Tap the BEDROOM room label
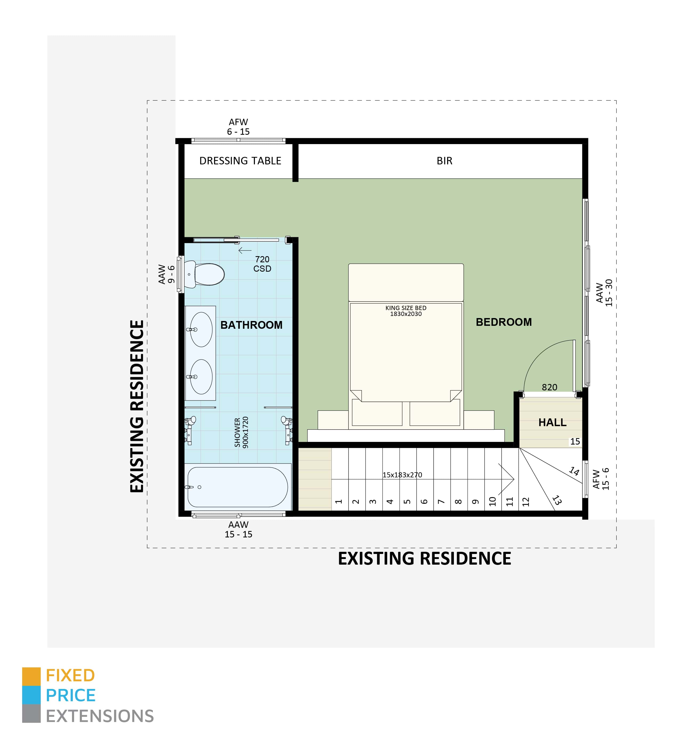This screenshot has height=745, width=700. pos(504,322)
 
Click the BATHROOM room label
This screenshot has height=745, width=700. pos(251,325)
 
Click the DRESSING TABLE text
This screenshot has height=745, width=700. pos(240,161)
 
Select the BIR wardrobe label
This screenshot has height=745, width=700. pos(445,161)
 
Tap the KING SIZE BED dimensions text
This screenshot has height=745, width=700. pos(406,311)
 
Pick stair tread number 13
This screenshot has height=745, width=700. pos(557,500)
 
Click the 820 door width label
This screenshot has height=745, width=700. pos(549,387)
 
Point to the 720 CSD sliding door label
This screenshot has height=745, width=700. pos(262,264)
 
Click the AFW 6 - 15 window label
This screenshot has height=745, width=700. pos(238,127)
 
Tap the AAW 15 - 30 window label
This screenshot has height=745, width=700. pos(604,293)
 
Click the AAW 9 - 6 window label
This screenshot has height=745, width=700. pos(166,274)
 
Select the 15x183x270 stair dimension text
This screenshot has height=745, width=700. pos(402,475)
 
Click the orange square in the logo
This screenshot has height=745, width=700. pos(31,676)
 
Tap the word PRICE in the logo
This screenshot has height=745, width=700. pos(71,696)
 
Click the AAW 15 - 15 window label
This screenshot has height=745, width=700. pos(238,529)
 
